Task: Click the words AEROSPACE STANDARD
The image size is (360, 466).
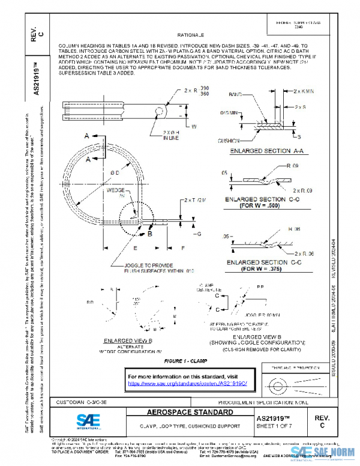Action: point(189,413)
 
